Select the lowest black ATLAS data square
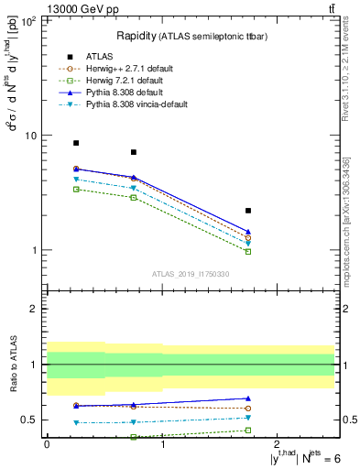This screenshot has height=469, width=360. click(248, 211)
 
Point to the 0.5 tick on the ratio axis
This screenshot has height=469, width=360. click(33, 420)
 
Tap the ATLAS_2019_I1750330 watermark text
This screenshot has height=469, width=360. click(191, 274)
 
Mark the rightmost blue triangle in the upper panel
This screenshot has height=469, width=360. click(248, 232)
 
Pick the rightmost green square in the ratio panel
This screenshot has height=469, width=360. click(248, 430)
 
